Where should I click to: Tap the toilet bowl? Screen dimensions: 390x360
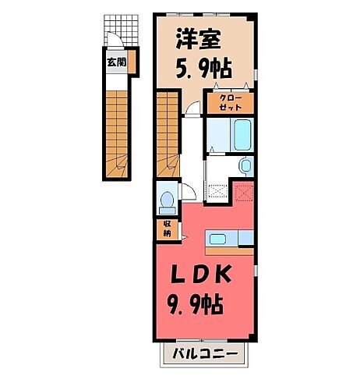coord(165,203)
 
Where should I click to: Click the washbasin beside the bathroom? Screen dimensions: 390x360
coord(245,165)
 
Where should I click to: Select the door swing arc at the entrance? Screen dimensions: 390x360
coord(114,43)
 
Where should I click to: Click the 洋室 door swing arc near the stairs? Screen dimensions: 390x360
coord(192,110)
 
